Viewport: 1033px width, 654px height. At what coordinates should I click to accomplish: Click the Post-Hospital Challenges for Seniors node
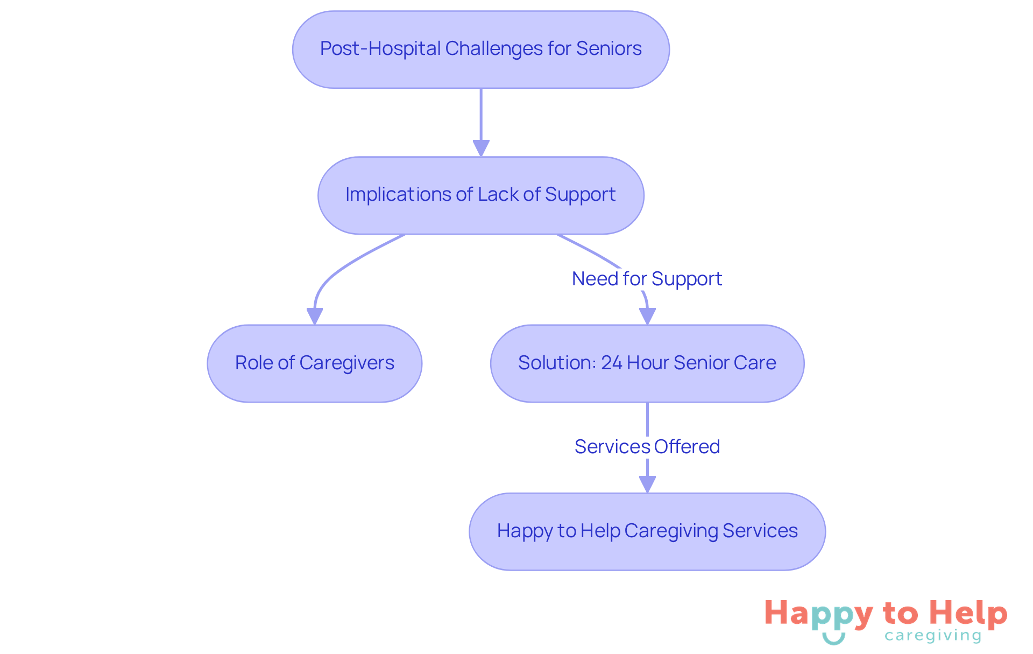click(480, 50)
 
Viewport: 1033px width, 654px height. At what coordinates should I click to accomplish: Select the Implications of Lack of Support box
click(480, 195)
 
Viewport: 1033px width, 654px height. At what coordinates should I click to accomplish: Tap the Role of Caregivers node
click(314, 363)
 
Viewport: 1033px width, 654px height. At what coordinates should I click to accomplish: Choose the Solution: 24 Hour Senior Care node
click(647, 363)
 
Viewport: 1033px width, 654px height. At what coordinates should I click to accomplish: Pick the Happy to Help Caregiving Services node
click(647, 531)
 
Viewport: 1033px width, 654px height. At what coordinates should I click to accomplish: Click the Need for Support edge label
click(647, 279)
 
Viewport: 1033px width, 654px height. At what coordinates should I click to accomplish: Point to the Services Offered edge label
click(647, 447)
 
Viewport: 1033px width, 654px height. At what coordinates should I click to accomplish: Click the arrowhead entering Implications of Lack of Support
click(481, 148)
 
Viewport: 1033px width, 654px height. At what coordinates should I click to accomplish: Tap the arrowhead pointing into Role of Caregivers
click(315, 316)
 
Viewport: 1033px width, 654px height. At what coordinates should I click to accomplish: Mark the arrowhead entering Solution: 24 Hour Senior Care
click(647, 316)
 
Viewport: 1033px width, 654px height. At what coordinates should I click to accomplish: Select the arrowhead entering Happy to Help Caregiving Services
click(647, 484)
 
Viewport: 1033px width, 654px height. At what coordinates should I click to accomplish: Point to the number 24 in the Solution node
click(611, 363)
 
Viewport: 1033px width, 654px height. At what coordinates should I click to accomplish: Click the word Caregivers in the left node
click(346, 363)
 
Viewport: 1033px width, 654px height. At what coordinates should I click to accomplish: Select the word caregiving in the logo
click(932, 636)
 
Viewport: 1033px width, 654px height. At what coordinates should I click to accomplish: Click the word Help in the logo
click(968, 614)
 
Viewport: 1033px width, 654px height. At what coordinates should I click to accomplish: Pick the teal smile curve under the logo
click(833, 639)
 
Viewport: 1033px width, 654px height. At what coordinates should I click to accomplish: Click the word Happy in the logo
click(818, 614)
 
